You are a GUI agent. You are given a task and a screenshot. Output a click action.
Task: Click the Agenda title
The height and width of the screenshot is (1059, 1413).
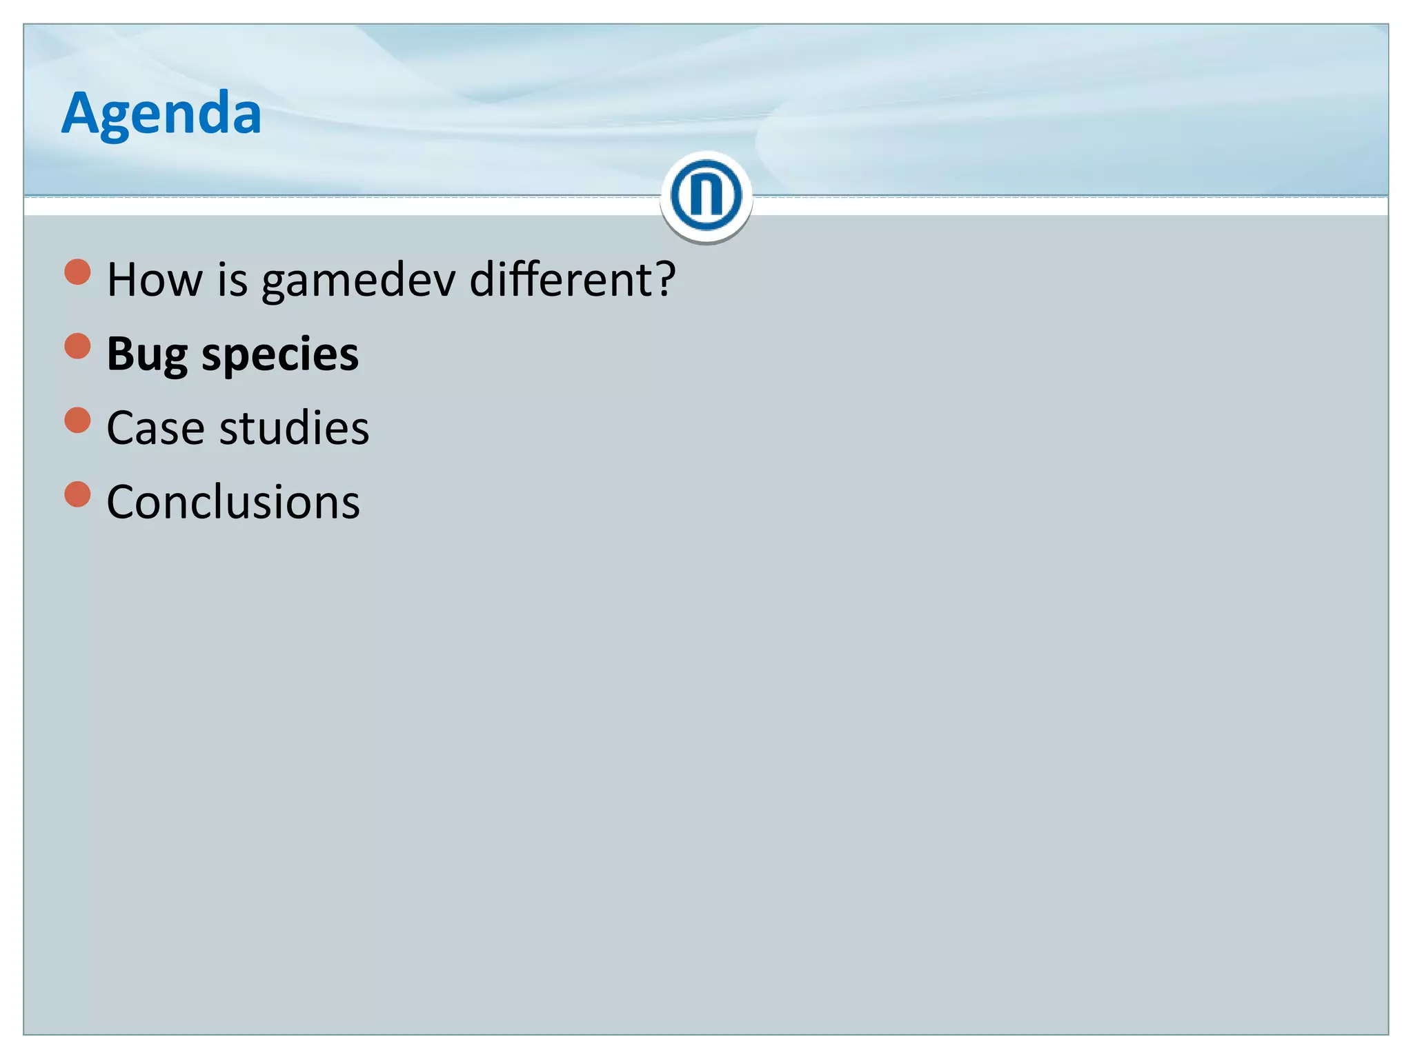[161, 113]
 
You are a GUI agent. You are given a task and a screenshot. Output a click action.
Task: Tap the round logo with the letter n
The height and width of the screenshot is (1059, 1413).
[706, 195]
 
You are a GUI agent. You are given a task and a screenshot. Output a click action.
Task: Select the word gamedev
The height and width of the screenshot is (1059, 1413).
[358, 281]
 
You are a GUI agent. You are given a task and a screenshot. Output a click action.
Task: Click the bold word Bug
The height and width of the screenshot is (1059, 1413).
[147, 354]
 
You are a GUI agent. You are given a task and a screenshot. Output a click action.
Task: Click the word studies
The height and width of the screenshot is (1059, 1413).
[294, 428]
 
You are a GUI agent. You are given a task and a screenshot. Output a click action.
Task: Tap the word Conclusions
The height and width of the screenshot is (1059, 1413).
[233, 502]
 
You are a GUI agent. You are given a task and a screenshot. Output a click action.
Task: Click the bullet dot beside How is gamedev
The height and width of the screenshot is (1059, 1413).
[78, 272]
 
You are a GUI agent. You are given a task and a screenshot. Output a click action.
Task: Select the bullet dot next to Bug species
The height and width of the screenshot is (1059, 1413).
[78, 346]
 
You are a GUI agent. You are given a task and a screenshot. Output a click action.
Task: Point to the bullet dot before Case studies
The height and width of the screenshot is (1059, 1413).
[78, 420]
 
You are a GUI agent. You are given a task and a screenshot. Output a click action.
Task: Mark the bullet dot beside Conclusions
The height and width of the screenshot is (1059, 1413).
[78, 494]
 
